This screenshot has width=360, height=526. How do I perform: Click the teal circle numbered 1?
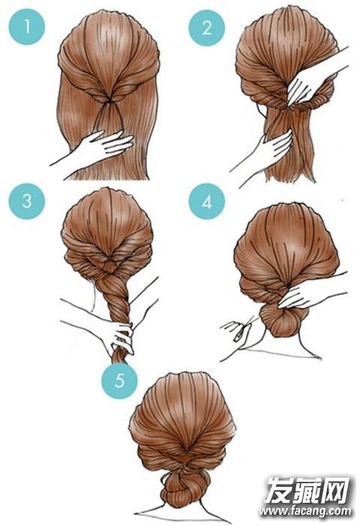(27, 26)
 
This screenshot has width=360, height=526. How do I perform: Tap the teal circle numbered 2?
(206, 27)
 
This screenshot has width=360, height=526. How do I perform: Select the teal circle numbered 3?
(27, 202)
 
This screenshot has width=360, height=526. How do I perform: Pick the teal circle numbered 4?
(206, 202)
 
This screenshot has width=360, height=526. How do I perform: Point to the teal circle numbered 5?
(119, 381)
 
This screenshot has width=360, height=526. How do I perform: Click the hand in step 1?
(100, 148)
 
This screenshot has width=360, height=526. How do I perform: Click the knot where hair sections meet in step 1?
(108, 100)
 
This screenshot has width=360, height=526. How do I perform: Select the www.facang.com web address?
(305, 511)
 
